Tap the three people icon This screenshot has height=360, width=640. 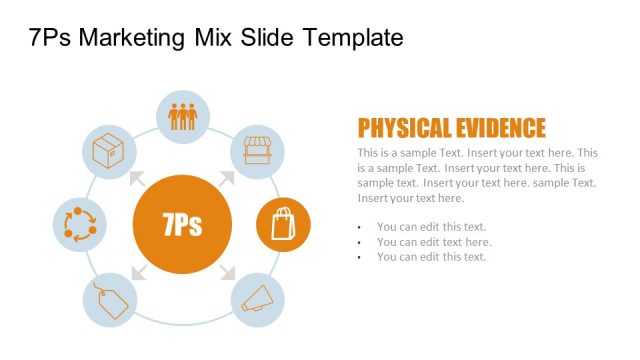(x=183, y=116)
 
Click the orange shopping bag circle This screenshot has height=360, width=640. (x=283, y=225)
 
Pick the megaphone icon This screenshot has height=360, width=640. (x=258, y=299)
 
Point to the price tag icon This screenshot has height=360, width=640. (x=108, y=299)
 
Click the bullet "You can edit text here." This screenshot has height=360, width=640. (x=434, y=242)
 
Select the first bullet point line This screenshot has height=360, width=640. (x=431, y=227)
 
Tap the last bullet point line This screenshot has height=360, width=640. (x=431, y=257)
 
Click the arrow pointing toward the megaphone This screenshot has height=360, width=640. (x=227, y=271)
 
